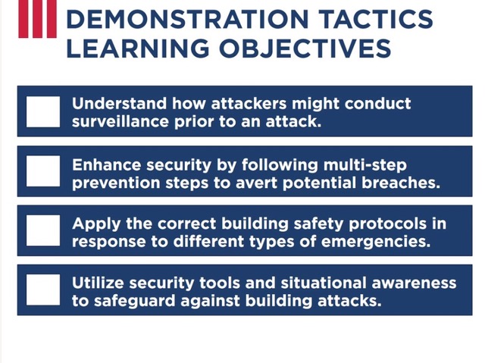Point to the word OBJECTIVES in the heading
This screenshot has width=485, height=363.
pyautogui.click(x=303, y=49)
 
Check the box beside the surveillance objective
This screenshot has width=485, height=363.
pyautogui.click(x=43, y=111)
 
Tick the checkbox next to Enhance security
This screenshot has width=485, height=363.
pyautogui.click(x=43, y=171)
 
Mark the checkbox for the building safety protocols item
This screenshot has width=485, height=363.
pyautogui.click(x=43, y=230)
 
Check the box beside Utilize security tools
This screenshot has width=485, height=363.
pyautogui.click(x=43, y=289)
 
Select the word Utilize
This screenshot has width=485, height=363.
pyautogui.click(x=99, y=282)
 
